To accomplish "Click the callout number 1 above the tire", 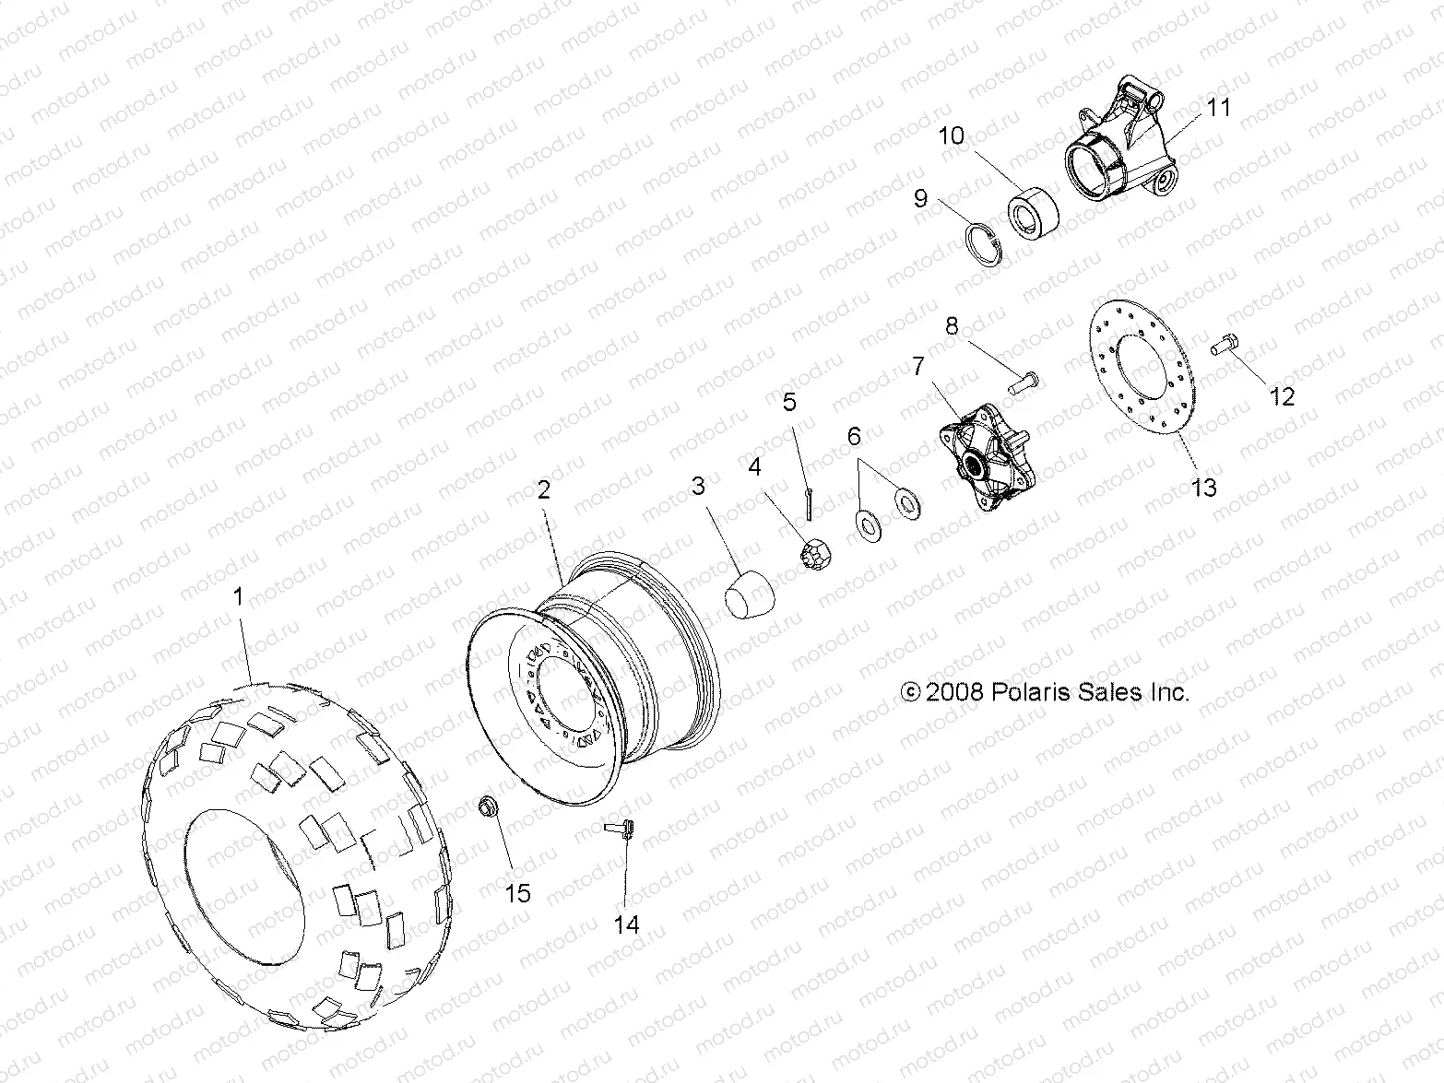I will coord(238,597).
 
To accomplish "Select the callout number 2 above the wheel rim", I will coord(544,489).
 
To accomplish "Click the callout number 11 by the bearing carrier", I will coord(1219,108).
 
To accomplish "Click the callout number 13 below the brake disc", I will coord(1204,487).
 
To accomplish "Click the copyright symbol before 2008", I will coord(910,692).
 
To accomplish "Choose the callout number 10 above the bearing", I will coord(952,136).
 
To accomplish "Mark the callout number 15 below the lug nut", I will coord(517,893).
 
